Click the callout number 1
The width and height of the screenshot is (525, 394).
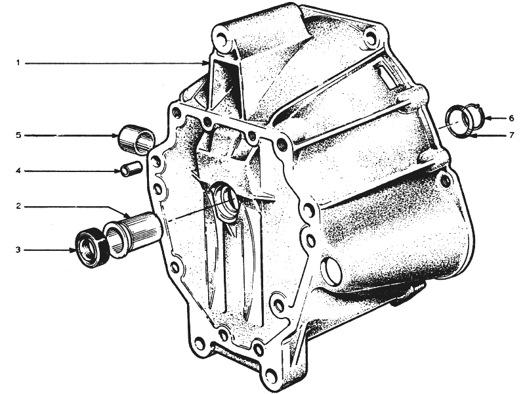click(x=18, y=62)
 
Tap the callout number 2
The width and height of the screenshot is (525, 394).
click(x=19, y=206)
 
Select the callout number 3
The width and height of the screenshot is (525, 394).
click(x=18, y=250)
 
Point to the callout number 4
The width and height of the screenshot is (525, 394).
click(x=18, y=171)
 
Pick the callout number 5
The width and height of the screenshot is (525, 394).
click(x=18, y=135)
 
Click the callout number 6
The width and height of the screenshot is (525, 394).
click(x=511, y=118)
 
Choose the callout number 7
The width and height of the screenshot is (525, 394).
click(x=511, y=135)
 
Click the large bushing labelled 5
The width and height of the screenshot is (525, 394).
click(x=137, y=139)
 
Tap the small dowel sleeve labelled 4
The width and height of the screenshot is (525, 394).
click(x=131, y=169)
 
